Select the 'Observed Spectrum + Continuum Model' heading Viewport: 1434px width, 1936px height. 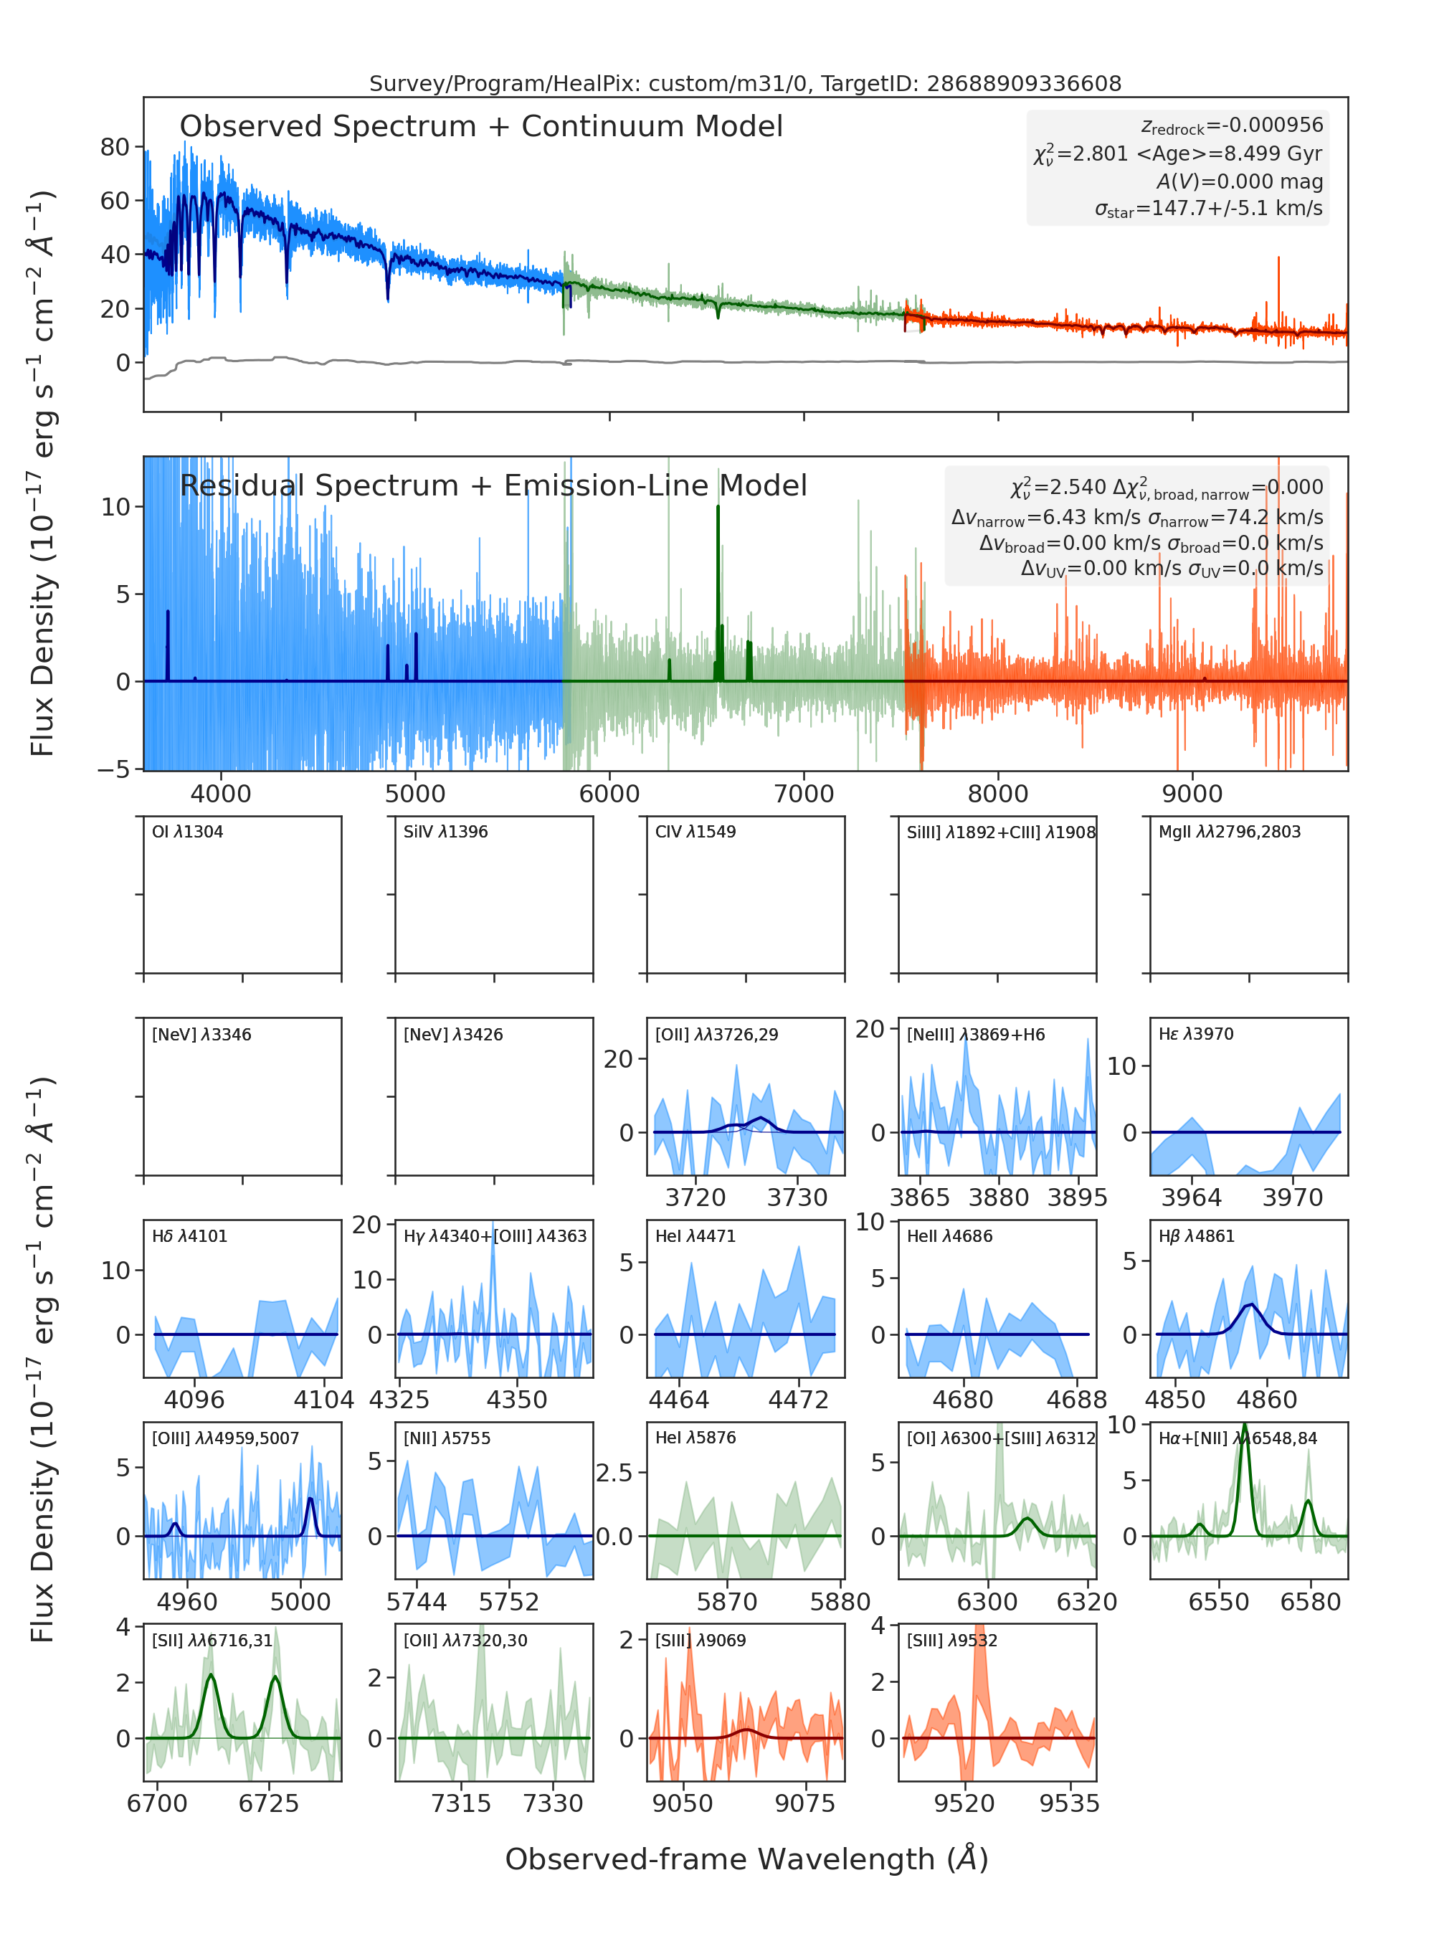click(481, 127)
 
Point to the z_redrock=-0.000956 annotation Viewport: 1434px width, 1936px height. click(1233, 126)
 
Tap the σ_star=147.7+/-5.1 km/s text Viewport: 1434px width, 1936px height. click(1208, 209)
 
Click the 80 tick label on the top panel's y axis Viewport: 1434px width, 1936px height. click(115, 147)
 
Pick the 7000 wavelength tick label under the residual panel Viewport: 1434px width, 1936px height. click(804, 794)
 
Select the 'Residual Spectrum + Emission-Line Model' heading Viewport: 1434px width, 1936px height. click(493, 485)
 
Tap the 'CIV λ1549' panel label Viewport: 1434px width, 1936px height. click(695, 832)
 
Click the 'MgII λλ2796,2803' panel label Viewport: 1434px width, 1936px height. click(1229, 832)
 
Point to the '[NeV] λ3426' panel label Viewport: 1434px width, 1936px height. click(453, 1034)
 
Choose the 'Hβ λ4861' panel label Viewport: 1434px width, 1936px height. click(1196, 1236)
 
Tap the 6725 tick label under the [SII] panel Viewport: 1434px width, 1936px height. click(268, 1803)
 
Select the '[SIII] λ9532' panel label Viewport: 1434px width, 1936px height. click(952, 1640)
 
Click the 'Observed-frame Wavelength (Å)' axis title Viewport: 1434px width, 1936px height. click(746, 1859)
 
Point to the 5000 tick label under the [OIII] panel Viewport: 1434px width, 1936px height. click(300, 1601)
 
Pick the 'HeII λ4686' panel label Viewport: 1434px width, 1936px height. click(949, 1236)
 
